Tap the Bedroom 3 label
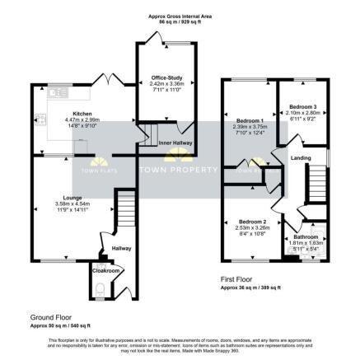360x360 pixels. pyautogui.click(x=302, y=106)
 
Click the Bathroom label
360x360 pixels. pyautogui.click(x=306, y=236)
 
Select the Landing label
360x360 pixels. pyautogui.click(x=301, y=158)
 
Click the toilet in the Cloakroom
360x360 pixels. pyautogui.click(x=101, y=288)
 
